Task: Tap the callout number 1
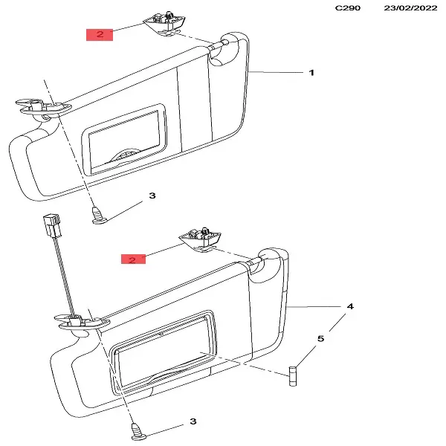tap(311, 73)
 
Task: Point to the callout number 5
tap(321, 339)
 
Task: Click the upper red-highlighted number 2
tap(100, 33)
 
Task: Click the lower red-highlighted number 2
tap(132, 260)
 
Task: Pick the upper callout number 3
tap(152, 195)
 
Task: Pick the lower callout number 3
tap(193, 421)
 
